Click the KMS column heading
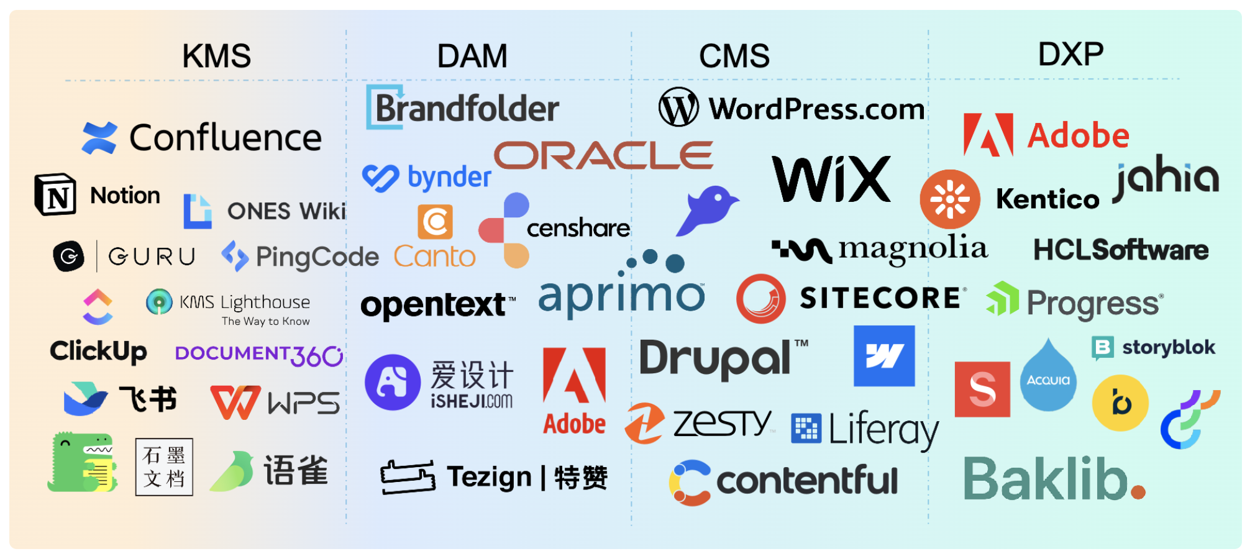click(x=216, y=56)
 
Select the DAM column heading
click(x=472, y=56)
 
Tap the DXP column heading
click(x=1070, y=54)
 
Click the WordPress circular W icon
click(x=678, y=107)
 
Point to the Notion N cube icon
click(x=56, y=194)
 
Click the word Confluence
click(x=226, y=137)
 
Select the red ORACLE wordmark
click(x=603, y=155)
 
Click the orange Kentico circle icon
click(x=950, y=199)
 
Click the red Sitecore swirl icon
click(x=760, y=299)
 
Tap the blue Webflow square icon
click(x=883, y=356)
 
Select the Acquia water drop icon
click(x=1048, y=376)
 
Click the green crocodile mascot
click(x=82, y=463)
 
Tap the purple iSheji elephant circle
click(x=393, y=382)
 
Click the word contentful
click(x=807, y=481)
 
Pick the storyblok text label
click(x=1168, y=347)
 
